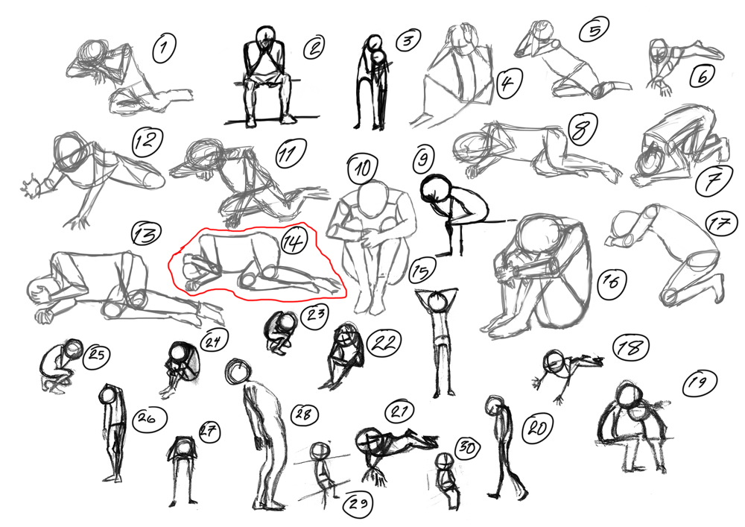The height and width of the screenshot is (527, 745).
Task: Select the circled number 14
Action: [293, 242]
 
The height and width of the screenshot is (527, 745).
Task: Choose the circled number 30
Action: [468, 448]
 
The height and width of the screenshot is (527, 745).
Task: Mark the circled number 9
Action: [422, 159]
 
